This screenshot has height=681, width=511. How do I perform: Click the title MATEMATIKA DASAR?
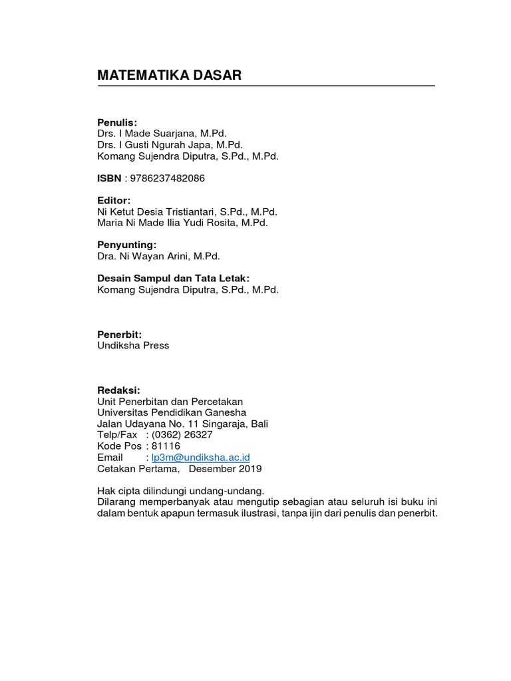click(x=169, y=76)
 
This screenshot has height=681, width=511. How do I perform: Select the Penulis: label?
click(x=117, y=122)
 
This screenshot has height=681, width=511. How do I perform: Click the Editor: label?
click(x=114, y=200)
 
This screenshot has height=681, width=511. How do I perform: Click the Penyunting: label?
click(x=126, y=245)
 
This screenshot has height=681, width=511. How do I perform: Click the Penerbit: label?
click(x=120, y=335)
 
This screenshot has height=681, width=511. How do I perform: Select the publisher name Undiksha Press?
click(x=133, y=346)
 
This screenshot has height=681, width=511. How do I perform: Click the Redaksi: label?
click(x=119, y=390)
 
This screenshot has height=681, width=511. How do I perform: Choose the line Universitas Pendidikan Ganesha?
click(x=172, y=413)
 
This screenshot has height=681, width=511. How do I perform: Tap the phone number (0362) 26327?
click(x=183, y=435)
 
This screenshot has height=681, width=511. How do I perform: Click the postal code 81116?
click(x=166, y=446)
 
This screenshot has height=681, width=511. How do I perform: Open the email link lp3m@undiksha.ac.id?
click(x=201, y=458)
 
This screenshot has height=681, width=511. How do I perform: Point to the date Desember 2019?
click(x=226, y=468)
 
